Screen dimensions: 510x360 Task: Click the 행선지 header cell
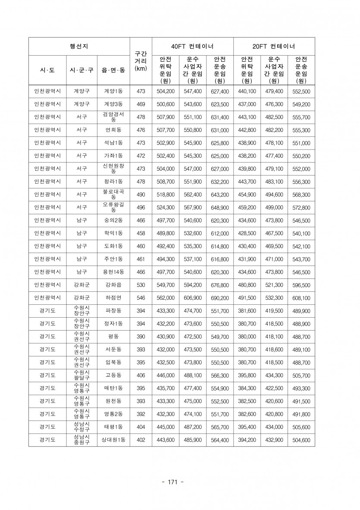pos(79,46)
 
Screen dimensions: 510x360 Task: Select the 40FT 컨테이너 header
pos(192,46)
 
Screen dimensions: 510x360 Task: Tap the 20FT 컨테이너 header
pos(274,46)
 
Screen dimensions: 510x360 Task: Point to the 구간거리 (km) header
pos(141,61)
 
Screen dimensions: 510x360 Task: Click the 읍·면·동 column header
pos(113,70)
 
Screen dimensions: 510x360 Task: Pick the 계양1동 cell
pos(113,91)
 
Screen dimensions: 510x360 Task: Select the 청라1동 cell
pos(113,181)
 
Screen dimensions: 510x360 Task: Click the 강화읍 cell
pos(113,285)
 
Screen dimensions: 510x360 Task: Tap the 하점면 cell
pos(113,298)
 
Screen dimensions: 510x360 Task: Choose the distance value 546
pos(141,298)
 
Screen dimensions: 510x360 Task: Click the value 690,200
pos(219,298)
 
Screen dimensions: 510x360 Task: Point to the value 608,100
pos(301,298)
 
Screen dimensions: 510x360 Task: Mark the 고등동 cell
pos(113,375)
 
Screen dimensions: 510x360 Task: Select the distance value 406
pos(141,375)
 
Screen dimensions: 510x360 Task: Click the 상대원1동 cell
pos(113,440)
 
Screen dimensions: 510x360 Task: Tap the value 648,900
pos(219,207)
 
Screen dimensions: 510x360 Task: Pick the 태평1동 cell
pos(113,427)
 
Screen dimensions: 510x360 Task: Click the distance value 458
pos(141,233)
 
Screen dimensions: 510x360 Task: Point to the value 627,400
pos(219,91)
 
